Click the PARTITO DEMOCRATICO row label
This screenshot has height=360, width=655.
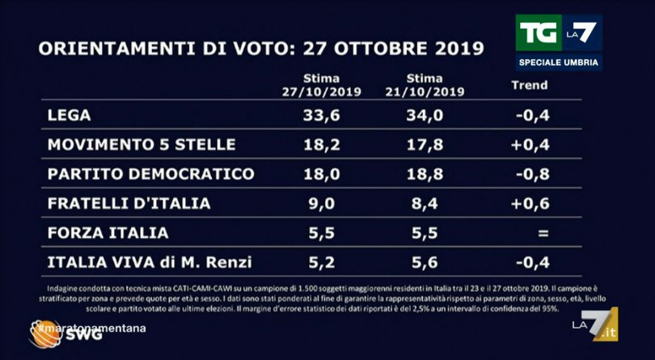[x=151, y=174]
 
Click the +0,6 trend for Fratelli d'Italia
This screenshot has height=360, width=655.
[x=531, y=204]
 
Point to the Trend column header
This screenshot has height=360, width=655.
[x=530, y=85]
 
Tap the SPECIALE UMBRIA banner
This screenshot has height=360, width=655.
[x=559, y=64]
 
